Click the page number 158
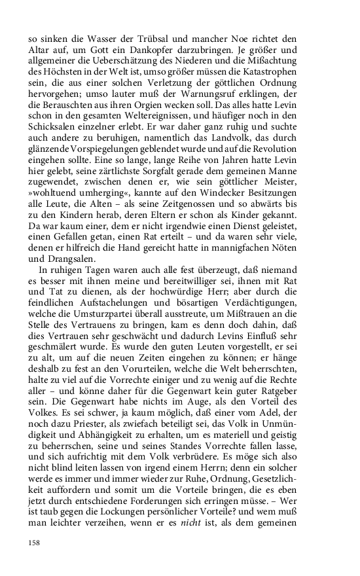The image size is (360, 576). click(x=35, y=543)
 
